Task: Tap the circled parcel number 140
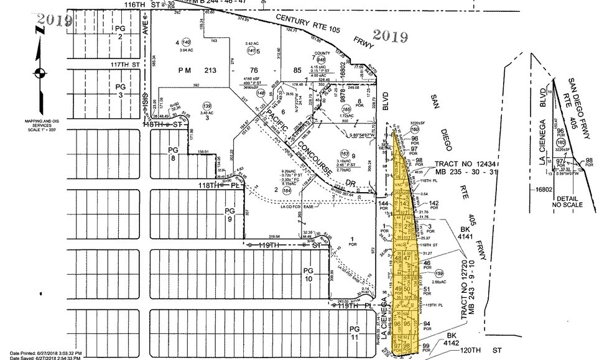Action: tap(185, 41)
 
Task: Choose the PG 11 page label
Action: tap(355, 333)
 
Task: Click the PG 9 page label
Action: tap(229, 215)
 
